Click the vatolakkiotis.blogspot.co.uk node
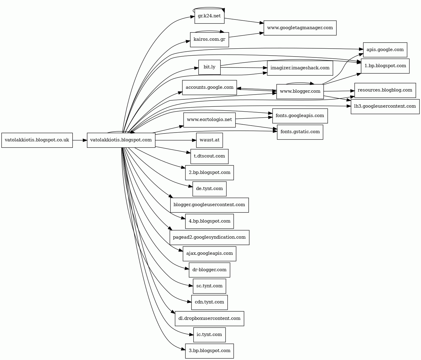(x=37, y=140)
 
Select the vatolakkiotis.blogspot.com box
(x=121, y=140)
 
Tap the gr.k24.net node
(x=209, y=16)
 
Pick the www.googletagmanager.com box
(x=300, y=28)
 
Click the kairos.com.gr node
(x=209, y=40)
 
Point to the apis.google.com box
(x=385, y=50)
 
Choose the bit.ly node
(x=209, y=67)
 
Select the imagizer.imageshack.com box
(x=300, y=68)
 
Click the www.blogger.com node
(x=300, y=92)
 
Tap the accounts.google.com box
(x=209, y=88)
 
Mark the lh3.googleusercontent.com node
(x=385, y=106)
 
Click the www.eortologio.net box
(x=209, y=120)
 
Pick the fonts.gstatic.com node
(x=300, y=132)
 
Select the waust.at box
(x=209, y=140)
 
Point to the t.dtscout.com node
(x=209, y=156)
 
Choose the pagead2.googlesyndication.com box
(x=209, y=237)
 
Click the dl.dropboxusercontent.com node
(x=209, y=319)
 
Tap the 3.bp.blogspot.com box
(x=209, y=351)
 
